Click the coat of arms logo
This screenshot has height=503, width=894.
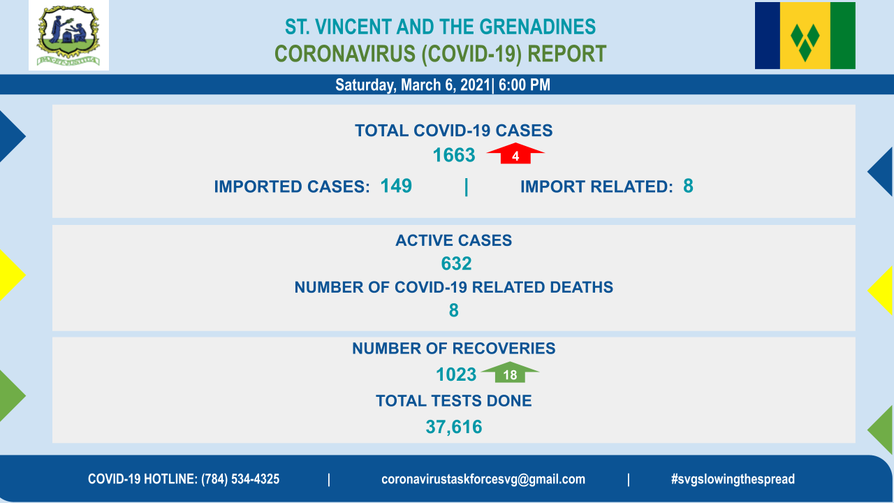click(x=68, y=36)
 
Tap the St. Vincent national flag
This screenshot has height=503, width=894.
click(x=805, y=36)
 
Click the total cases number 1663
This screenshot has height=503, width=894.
click(x=454, y=155)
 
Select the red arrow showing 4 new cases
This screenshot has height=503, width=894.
click(x=515, y=153)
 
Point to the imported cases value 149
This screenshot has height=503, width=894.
click(x=396, y=186)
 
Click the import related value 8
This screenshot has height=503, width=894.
click(x=688, y=186)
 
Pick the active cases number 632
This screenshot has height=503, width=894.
click(x=456, y=263)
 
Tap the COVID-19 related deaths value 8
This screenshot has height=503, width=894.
click(x=454, y=310)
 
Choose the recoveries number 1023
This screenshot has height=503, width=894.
click(x=456, y=374)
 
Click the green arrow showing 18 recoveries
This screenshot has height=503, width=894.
click(x=510, y=372)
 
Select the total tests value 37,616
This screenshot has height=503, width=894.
click(x=454, y=427)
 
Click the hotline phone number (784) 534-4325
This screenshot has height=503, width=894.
click(x=240, y=479)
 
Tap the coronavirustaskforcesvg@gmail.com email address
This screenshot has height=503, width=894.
click(x=483, y=479)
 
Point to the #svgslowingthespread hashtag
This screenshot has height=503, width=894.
click(x=733, y=479)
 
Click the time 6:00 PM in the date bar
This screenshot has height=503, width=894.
click(x=525, y=85)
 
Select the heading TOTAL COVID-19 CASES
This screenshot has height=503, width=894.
click(x=454, y=131)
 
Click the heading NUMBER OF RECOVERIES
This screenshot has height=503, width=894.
click(x=454, y=349)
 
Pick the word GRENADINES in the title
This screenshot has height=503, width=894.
click(x=538, y=27)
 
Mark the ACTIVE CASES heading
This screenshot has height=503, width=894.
click(x=454, y=240)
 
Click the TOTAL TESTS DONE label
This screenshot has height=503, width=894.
click(x=454, y=401)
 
